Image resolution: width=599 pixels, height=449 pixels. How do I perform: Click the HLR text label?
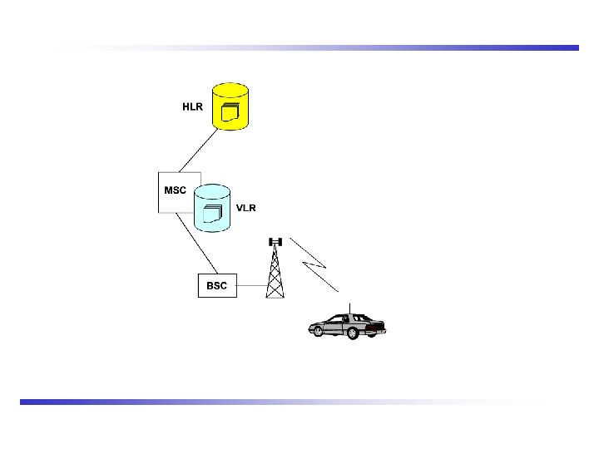pos(192,107)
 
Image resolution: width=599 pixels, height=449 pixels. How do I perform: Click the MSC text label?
pos(175,190)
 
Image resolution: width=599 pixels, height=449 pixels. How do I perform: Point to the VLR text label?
pos(245,208)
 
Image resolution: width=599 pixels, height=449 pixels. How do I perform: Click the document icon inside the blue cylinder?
pos(213,214)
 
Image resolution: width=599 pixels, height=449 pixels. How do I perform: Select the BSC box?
pos(216,285)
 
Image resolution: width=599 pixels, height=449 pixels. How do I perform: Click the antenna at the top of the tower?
pos(275,242)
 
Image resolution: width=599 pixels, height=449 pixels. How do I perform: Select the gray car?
pos(348,325)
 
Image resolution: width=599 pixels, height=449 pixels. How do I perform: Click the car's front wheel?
pos(316,332)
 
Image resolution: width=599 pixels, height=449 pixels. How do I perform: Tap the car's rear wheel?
pos(354,333)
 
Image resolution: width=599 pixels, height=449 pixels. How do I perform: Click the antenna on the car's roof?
pos(351,308)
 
